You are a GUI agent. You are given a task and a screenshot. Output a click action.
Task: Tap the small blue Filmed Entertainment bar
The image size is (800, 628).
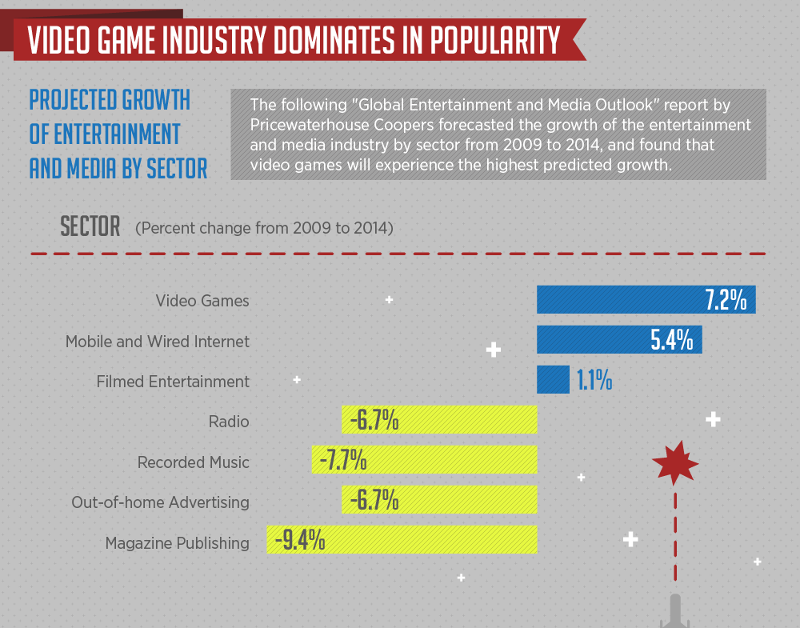point(553,380)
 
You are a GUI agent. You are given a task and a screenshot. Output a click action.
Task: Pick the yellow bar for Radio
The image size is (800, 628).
point(464,420)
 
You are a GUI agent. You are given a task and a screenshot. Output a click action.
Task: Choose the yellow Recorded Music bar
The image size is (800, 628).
point(448,460)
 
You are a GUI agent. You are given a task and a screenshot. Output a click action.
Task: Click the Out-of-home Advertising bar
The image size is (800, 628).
point(464,501)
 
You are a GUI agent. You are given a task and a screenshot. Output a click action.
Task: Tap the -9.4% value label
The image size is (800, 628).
point(300,541)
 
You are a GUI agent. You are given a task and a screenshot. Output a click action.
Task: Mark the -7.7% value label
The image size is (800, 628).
point(342,461)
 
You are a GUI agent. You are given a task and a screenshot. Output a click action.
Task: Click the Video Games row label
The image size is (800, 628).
point(202,302)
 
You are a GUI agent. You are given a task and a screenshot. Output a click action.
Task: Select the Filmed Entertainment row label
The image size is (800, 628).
point(173,382)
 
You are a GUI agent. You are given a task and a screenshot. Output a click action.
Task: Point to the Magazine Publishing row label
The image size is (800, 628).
point(177,543)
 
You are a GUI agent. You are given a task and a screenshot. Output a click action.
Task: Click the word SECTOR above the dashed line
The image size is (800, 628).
point(90,227)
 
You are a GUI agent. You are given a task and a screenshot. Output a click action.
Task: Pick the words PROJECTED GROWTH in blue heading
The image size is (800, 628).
point(110,100)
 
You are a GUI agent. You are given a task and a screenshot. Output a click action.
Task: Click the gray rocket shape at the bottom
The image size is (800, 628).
point(676,613)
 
